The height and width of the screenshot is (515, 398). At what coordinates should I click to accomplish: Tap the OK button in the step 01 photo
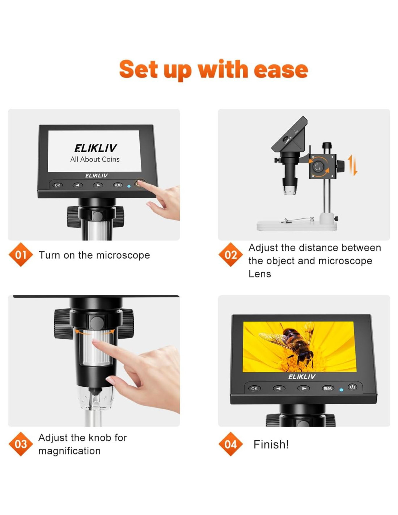[57, 185]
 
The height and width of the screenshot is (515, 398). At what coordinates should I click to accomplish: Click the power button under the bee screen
[352, 387]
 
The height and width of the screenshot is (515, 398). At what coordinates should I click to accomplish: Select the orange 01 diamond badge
[21, 255]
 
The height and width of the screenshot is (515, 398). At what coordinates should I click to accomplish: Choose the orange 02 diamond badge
[230, 255]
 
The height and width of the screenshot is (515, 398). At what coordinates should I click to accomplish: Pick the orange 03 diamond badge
[21, 444]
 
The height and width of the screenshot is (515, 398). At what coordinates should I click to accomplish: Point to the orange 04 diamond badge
[230, 444]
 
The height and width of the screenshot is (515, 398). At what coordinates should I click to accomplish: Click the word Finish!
[271, 444]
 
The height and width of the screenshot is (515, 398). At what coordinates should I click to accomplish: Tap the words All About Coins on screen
[95, 159]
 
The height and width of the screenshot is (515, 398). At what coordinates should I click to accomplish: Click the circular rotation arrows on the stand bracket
[318, 167]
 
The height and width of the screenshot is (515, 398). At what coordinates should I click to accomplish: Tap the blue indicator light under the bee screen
[341, 390]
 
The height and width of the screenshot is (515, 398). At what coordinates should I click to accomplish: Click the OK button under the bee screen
[254, 389]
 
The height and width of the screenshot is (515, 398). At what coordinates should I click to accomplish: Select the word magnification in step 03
[69, 451]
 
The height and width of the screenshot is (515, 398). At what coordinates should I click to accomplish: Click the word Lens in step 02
[260, 274]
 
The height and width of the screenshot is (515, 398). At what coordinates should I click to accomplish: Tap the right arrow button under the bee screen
[304, 389]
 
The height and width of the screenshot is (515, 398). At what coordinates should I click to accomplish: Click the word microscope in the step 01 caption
[123, 255]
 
